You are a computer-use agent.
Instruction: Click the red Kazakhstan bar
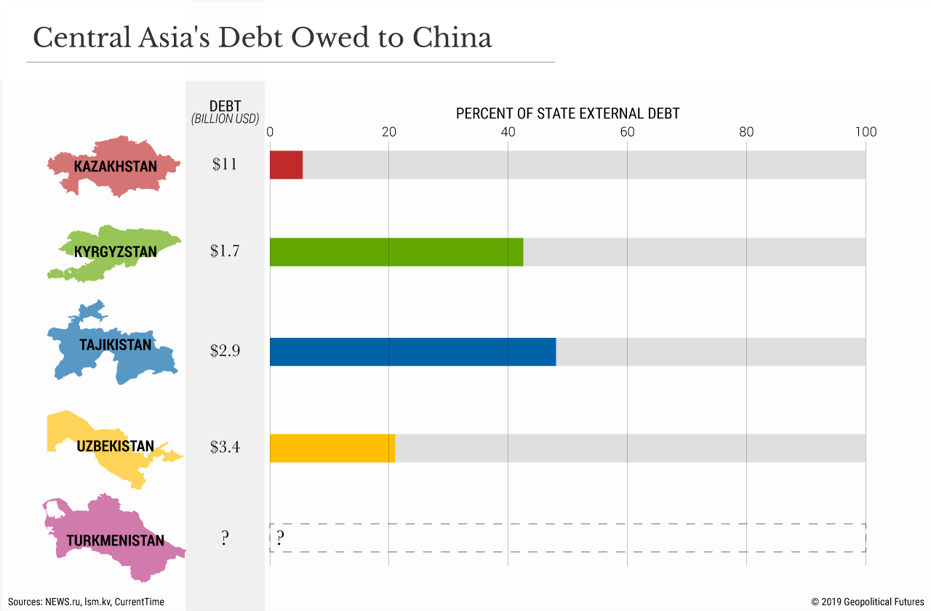(286, 165)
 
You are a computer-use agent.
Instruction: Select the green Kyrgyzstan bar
(396, 251)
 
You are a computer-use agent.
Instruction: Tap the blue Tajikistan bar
(412, 352)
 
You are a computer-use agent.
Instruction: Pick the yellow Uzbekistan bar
(332, 448)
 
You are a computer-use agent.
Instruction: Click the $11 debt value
(225, 164)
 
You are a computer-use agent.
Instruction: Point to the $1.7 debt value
(225, 251)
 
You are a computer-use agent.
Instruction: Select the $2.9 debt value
(225, 351)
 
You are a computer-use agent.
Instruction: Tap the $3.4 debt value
(225, 447)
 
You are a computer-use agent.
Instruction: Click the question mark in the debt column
(225, 538)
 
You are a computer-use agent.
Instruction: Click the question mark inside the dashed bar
(279, 538)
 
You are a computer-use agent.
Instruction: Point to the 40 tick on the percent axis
(508, 132)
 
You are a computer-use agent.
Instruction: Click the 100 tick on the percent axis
(866, 132)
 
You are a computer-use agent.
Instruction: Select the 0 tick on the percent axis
(270, 132)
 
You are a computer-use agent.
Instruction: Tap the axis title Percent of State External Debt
(567, 114)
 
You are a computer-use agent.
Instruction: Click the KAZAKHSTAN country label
(115, 166)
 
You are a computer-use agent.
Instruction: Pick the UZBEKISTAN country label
(115, 446)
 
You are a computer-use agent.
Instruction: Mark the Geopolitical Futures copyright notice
(868, 602)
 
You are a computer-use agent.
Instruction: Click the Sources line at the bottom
(86, 602)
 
